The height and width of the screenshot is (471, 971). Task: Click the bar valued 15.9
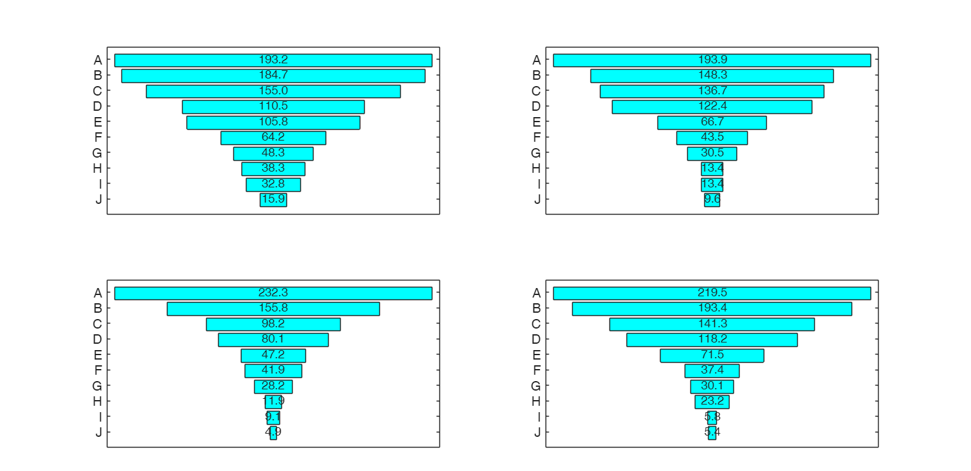[x=273, y=200]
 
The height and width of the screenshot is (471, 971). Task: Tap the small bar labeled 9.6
[x=712, y=200]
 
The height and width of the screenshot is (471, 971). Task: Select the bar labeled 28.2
[x=273, y=386]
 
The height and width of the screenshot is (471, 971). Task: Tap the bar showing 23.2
[x=712, y=402]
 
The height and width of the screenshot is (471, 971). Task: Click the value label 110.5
[x=273, y=106]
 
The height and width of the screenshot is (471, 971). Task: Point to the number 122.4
[x=712, y=106]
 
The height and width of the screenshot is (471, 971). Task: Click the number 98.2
[x=273, y=323]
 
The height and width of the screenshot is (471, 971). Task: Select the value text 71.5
[x=712, y=355]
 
